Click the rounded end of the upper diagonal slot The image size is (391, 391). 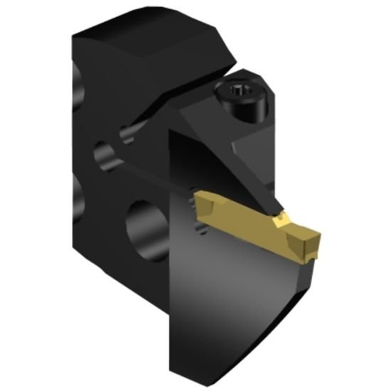129,131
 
